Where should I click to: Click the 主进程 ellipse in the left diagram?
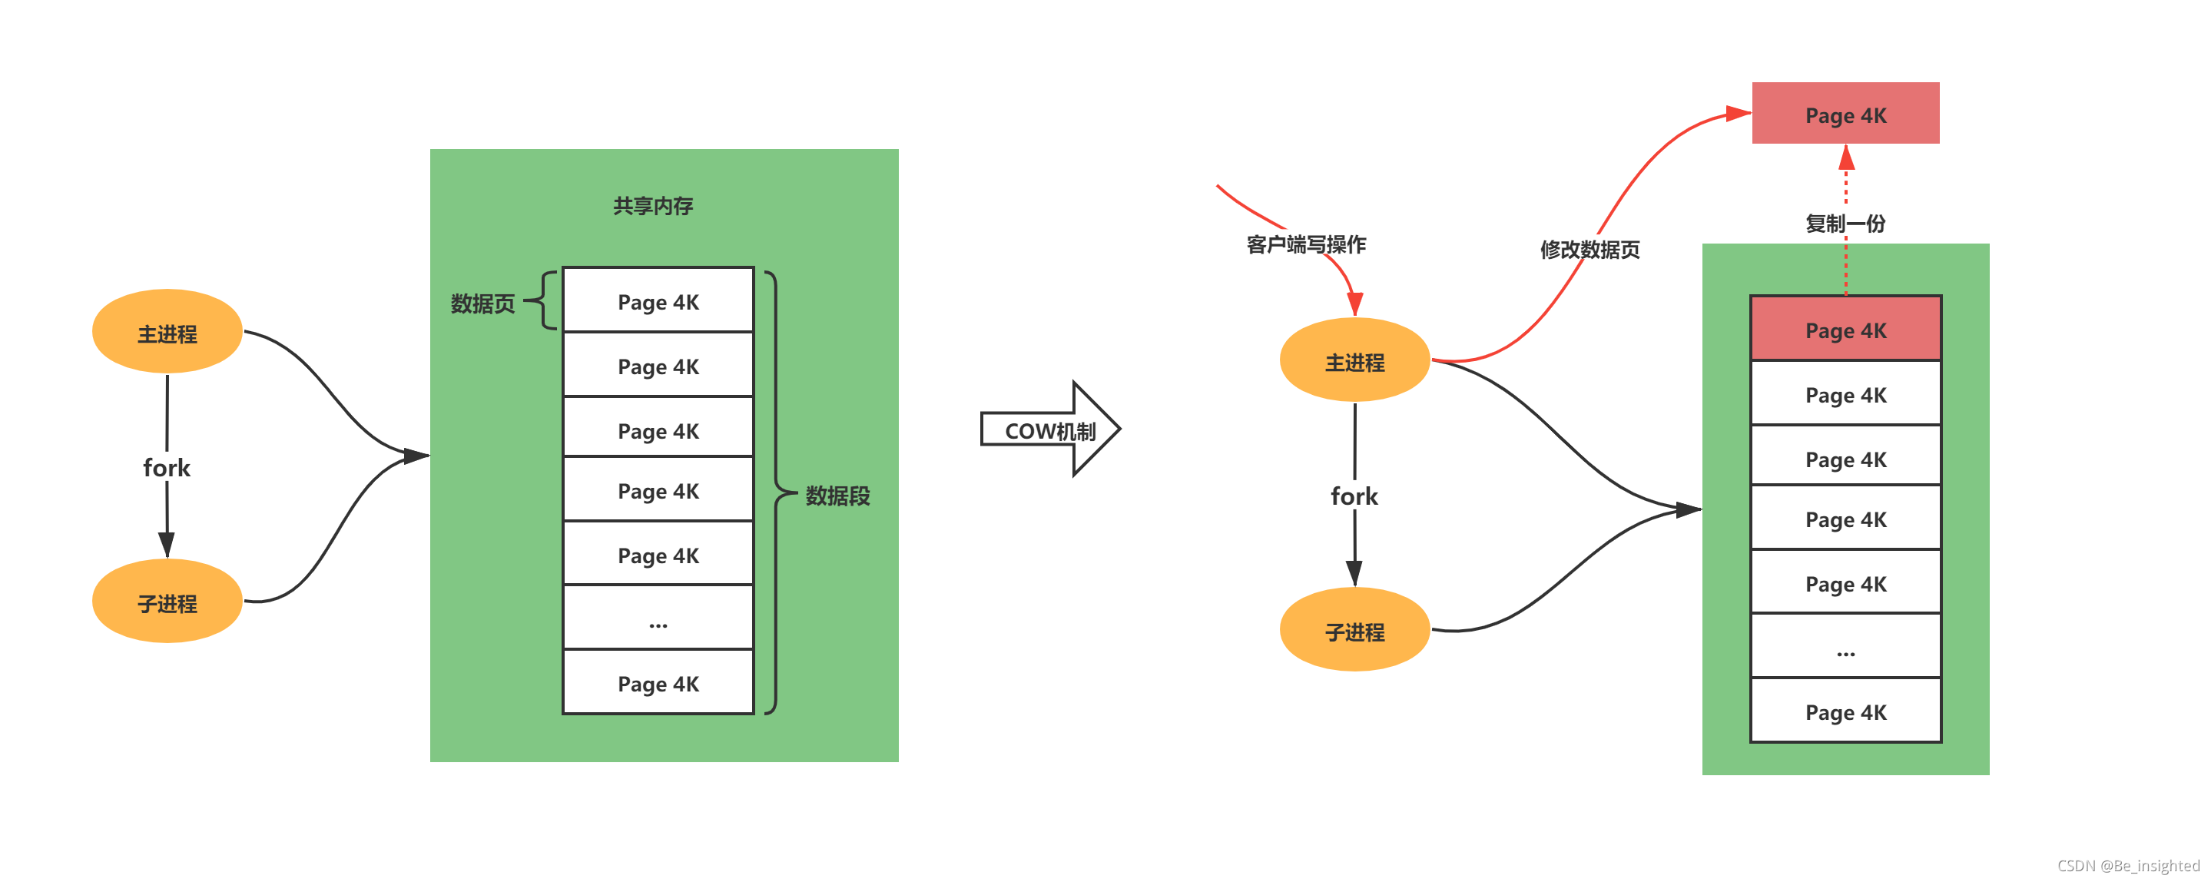point(167,332)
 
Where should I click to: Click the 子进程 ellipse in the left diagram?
point(167,602)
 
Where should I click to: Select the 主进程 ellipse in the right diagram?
point(1354,361)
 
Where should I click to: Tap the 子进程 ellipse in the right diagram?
point(1354,631)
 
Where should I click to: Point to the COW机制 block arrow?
point(1049,429)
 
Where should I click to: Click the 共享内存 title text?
point(653,206)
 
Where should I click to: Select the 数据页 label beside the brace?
point(482,303)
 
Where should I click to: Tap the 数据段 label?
point(837,495)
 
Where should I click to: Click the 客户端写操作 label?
point(1305,244)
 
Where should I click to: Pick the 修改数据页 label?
point(1589,250)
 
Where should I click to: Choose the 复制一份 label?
point(1845,224)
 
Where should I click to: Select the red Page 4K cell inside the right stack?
point(1845,330)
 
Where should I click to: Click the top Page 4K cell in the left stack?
point(658,301)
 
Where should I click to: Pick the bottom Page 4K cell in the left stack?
point(658,683)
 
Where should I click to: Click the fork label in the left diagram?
point(167,468)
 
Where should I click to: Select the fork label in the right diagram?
point(1354,496)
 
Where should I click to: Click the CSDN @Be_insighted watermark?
point(2128,866)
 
